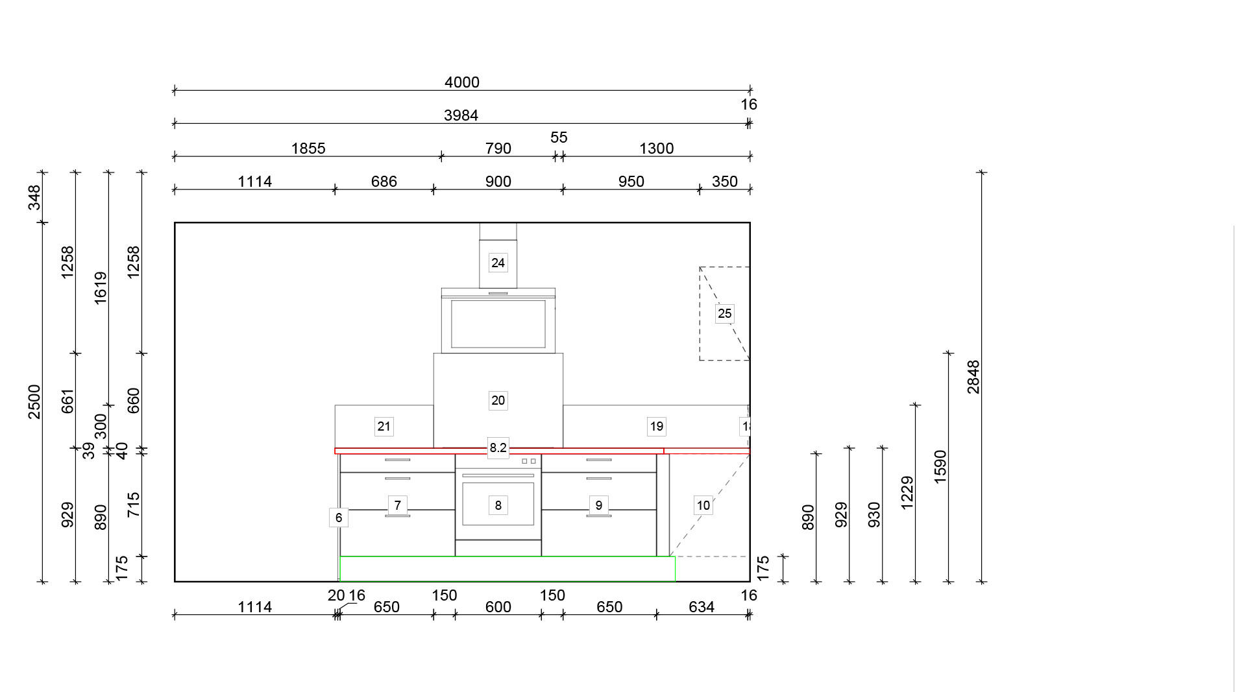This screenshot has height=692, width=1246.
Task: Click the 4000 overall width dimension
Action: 462,82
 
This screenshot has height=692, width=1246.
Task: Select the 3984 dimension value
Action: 461,115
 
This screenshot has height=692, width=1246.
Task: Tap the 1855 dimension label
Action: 308,149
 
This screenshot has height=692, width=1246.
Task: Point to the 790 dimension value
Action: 498,149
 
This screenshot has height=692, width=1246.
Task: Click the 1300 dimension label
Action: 657,149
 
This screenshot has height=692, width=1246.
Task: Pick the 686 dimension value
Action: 384,182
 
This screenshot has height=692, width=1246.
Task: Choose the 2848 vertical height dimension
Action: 973,377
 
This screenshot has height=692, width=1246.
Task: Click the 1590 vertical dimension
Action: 940,466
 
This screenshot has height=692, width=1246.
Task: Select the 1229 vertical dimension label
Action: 907,493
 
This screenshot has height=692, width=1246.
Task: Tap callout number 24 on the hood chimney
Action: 498,263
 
